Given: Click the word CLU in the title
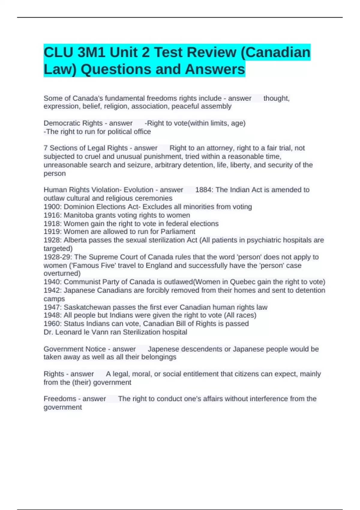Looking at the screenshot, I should click(x=58, y=52).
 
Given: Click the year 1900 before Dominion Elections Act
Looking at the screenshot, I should click(x=52, y=207).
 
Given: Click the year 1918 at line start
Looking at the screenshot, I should click(x=52, y=223).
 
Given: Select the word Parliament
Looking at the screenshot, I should click(x=178, y=232).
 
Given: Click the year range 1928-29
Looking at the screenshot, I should click(x=58, y=257).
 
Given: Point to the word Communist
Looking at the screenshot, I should click(x=82, y=282).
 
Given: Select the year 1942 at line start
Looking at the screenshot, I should click(x=52, y=290).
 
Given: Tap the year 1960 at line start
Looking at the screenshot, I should click(x=52, y=324).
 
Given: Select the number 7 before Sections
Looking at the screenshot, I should click(x=46, y=148).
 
